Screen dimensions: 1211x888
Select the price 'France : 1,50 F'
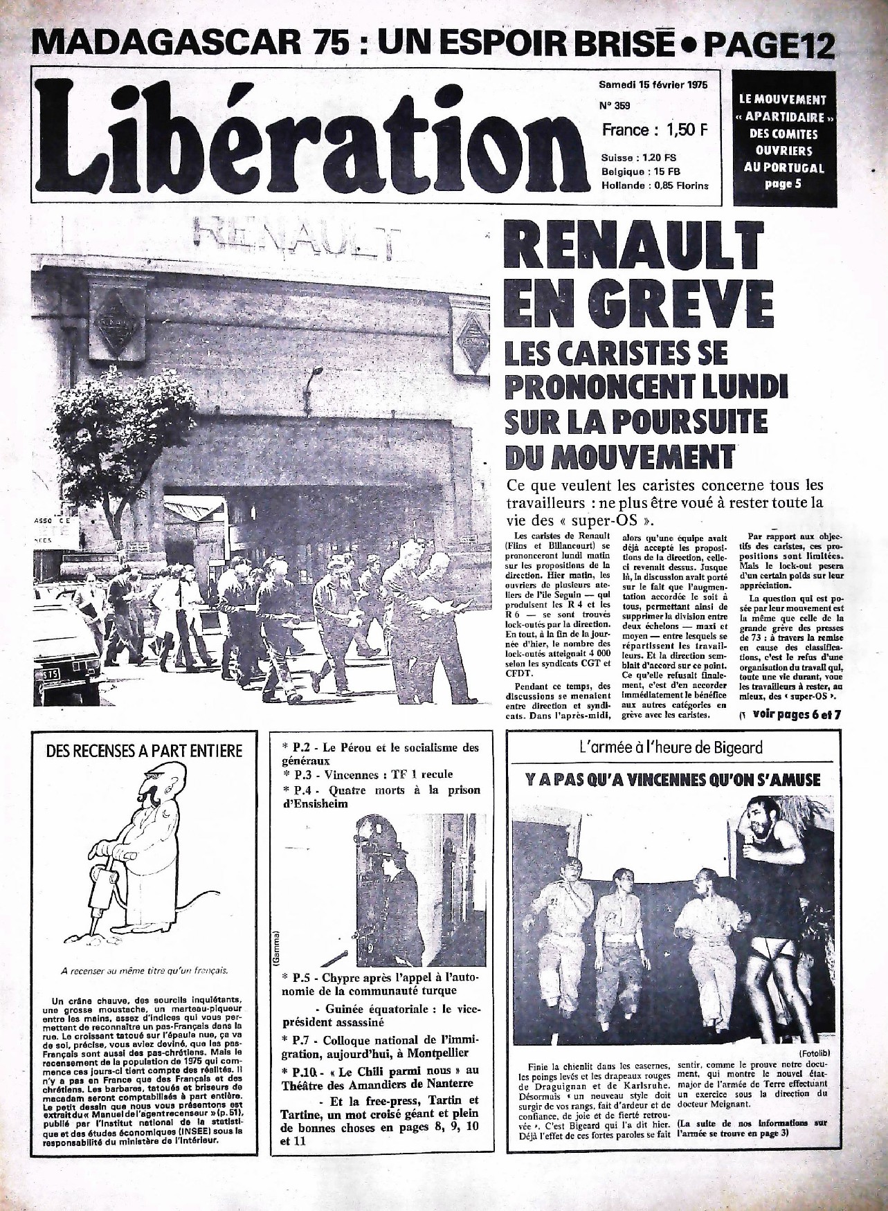coord(652,129)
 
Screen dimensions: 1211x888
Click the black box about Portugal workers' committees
coord(783,138)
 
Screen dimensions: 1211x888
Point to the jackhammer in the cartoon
coord(102,892)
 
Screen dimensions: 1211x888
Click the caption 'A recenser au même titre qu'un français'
coord(144,970)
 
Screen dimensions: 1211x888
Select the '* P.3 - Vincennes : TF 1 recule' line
coord(367,774)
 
